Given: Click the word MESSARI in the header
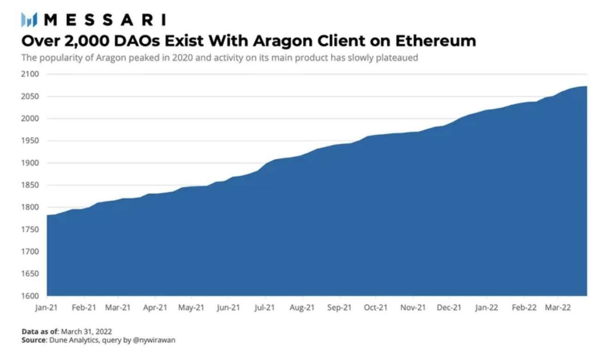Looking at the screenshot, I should click(x=106, y=20).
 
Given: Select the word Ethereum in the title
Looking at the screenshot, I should click(x=435, y=41).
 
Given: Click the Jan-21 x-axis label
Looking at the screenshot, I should click(x=47, y=308).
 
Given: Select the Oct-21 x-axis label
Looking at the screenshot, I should click(x=376, y=308).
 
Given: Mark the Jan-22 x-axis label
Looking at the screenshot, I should click(x=486, y=308).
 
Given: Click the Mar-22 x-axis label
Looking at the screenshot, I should click(x=558, y=308).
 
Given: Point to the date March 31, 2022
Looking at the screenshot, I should click(x=90, y=331).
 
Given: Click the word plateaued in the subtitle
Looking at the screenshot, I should click(x=398, y=59).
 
